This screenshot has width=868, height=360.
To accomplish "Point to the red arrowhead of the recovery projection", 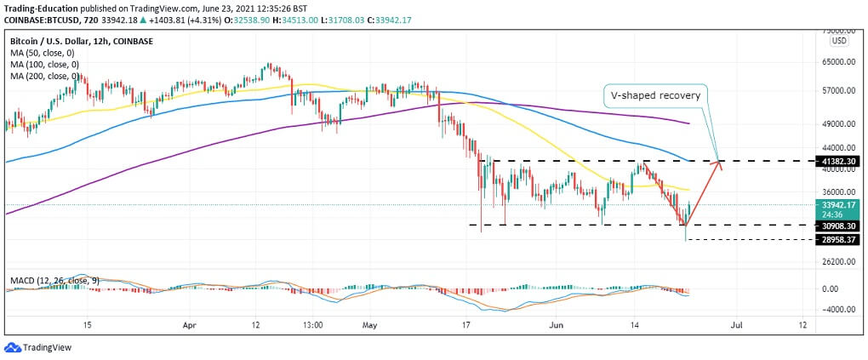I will pos(720,164).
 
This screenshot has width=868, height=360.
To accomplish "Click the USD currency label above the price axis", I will pos(837,40).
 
